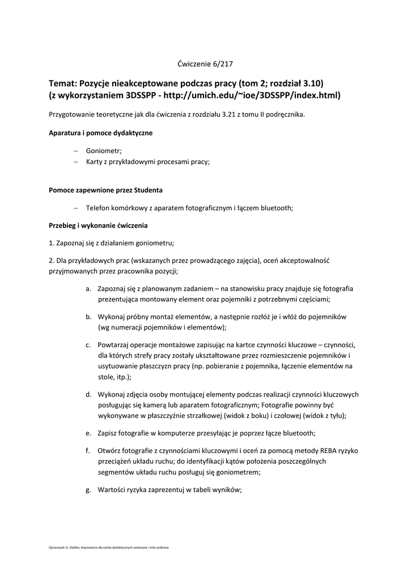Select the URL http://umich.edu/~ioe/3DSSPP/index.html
click(x=252, y=95)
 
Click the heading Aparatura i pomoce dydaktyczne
click(x=100, y=133)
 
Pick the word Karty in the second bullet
click(x=95, y=161)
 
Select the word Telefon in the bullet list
click(x=99, y=208)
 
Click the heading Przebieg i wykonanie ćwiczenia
click(x=98, y=225)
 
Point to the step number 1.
click(x=51, y=243)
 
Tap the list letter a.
click(x=88, y=289)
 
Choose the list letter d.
click(x=88, y=395)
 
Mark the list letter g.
click(x=88, y=490)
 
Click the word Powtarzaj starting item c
click(x=116, y=345)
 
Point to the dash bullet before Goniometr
click(x=76, y=151)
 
